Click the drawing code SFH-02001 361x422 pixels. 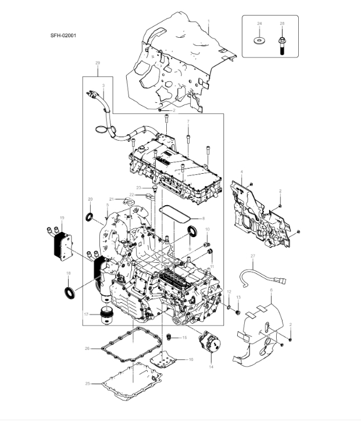click(x=63, y=35)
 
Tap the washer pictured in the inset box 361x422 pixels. click(x=259, y=40)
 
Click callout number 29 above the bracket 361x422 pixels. click(x=97, y=62)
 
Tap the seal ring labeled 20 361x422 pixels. click(x=90, y=217)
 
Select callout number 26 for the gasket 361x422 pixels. click(x=87, y=349)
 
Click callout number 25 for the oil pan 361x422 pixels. click(x=87, y=384)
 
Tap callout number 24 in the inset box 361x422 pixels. click(x=259, y=23)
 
